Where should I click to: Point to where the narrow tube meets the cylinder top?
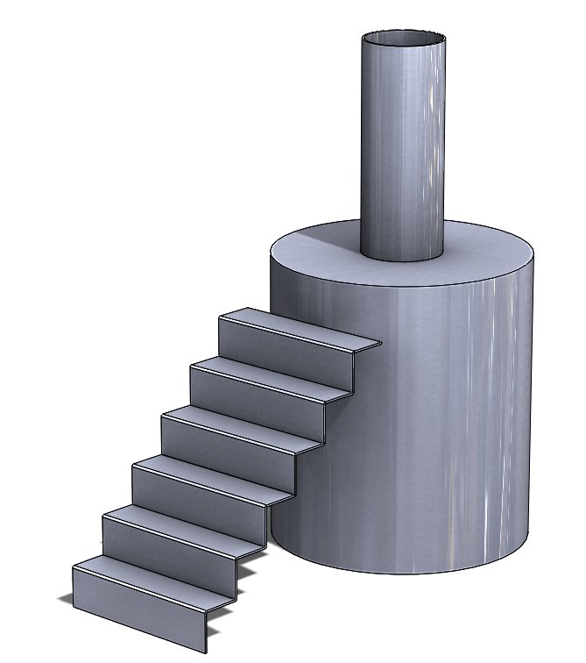pos(404,260)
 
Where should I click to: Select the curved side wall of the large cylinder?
pos(438,421)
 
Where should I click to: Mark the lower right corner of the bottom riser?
pos(205,652)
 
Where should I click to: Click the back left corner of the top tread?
pos(248,309)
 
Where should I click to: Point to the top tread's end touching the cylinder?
pos(377,342)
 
